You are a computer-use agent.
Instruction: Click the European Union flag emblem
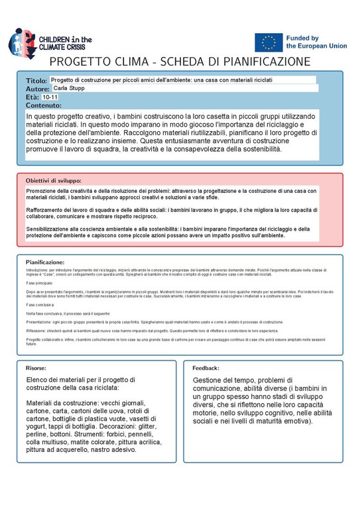269,42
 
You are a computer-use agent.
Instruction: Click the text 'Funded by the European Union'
315,42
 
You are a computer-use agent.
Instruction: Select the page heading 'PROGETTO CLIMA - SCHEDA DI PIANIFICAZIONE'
180,62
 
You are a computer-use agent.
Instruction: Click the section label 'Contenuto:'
44,105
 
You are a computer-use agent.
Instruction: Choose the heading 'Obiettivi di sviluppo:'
53,180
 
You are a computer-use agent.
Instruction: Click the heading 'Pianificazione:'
45,262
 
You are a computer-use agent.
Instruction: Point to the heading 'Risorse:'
36,367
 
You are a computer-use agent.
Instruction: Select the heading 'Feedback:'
206,367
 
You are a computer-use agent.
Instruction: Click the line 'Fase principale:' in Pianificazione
40,282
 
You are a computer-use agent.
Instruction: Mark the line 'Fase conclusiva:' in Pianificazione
41,304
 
